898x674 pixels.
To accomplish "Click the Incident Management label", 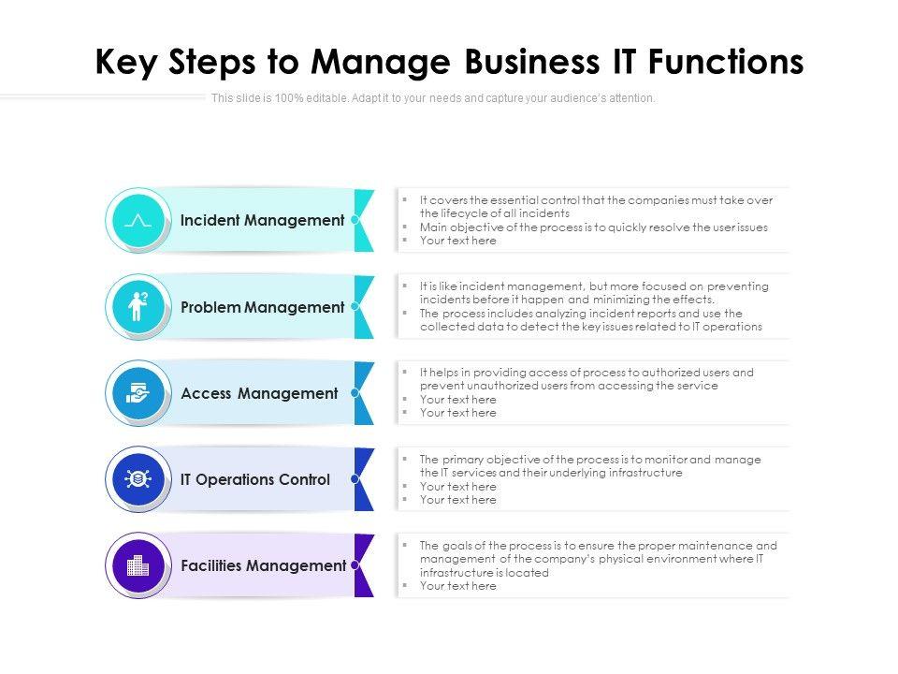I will pos(262,221).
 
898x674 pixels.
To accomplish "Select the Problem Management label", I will pos(262,307).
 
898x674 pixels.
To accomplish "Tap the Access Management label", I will pos(259,393).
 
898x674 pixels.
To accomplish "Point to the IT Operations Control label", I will pos(255,479).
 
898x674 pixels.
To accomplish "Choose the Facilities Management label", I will pos(263,565).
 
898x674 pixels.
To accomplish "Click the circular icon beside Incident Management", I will pos(138,221).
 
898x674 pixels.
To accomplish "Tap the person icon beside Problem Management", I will pos(138,307).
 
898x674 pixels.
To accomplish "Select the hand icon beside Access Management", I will pos(138,393).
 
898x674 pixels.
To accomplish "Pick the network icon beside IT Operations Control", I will pos(138,479).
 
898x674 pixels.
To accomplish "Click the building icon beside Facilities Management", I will pos(138,565).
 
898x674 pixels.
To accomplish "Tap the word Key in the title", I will pos(127,62).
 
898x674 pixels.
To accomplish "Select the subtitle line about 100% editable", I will pos(433,98).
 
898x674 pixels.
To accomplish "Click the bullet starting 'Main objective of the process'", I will pos(593,227).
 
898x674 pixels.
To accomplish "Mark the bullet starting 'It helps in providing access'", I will pos(586,378).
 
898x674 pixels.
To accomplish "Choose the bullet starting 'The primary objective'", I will pos(589,465).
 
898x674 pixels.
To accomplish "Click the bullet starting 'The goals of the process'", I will pos(598,559).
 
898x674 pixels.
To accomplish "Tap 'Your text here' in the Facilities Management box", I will pos(457,586).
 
